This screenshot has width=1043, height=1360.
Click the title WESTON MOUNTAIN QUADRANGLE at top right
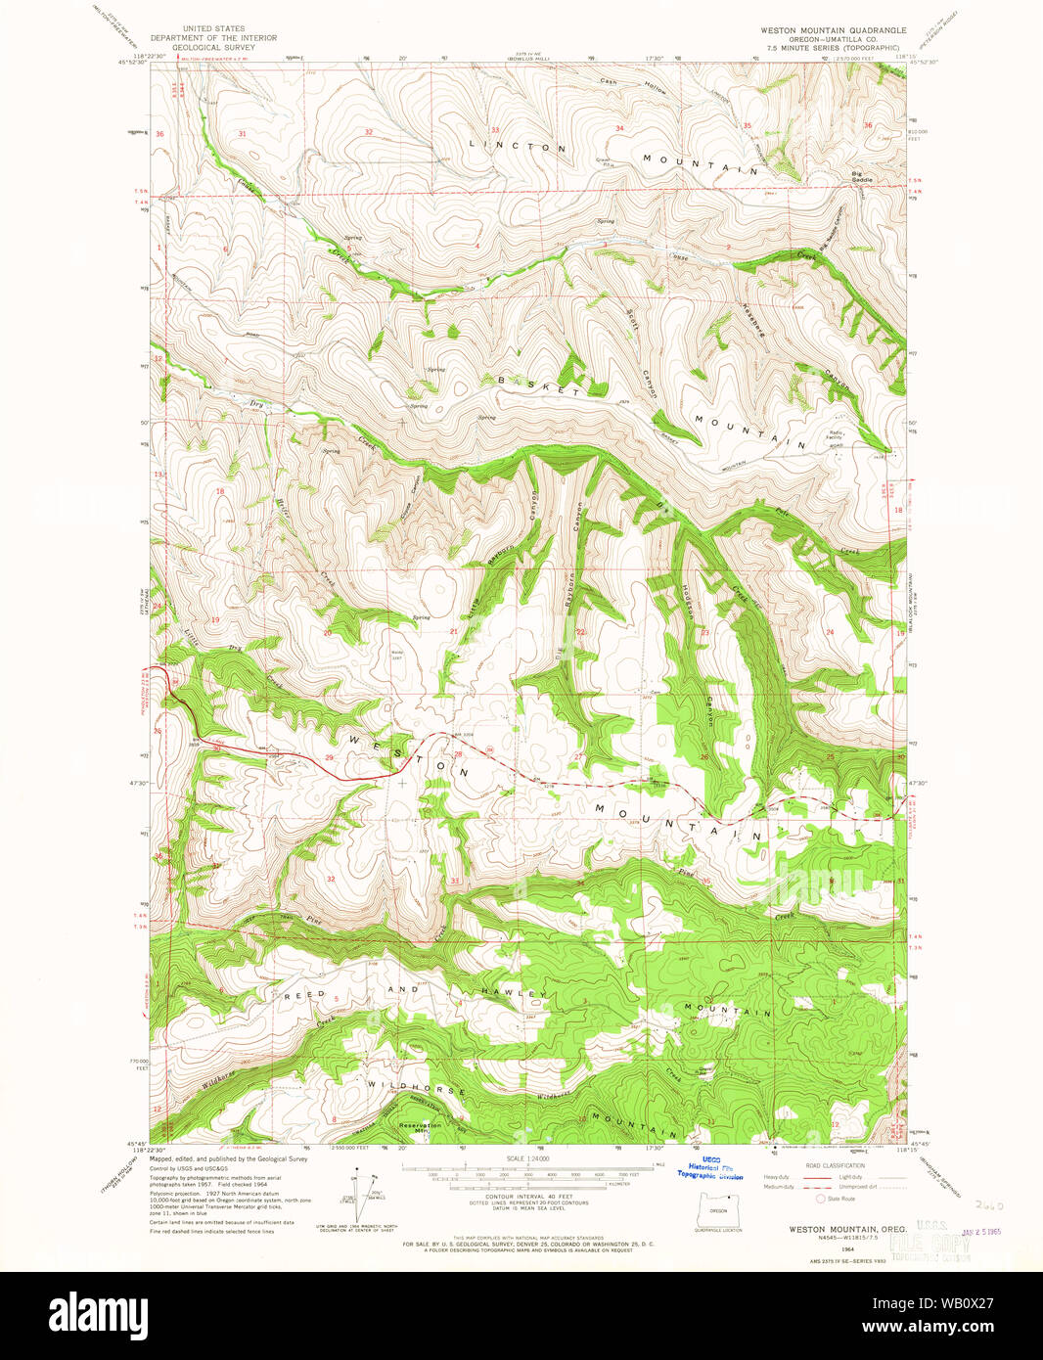[x=833, y=30]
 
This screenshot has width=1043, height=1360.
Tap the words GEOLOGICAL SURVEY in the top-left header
[x=208, y=47]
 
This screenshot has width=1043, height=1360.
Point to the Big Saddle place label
[x=862, y=177]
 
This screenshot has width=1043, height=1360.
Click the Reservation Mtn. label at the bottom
[x=420, y=1127]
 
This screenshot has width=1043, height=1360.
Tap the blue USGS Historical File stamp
[x=710, y=1168]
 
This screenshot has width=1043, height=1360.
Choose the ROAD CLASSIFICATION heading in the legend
[x=835, y=1165]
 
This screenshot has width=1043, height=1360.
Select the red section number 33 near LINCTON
[x=495, y=130]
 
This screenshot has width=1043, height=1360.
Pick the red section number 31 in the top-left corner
[x=241, y=133]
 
